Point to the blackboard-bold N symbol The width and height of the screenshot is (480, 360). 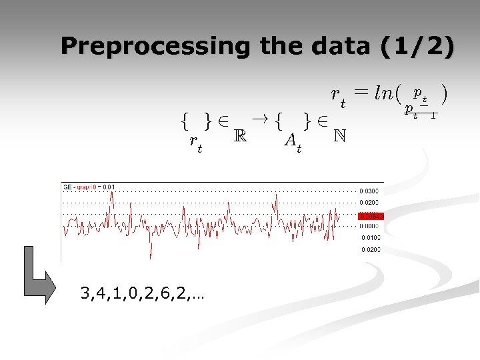point(339,135)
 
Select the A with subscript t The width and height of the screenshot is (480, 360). point(292,141)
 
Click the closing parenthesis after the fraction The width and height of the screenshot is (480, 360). point(443,95)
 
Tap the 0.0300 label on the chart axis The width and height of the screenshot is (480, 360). point(371,191)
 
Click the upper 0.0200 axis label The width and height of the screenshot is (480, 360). point(371,203)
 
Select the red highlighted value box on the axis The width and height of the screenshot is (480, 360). point(371,216)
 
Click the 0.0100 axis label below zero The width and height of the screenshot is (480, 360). point(371,237)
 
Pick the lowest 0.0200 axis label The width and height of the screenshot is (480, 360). point(371,250)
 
